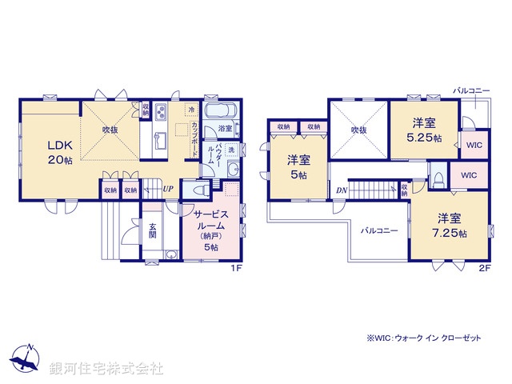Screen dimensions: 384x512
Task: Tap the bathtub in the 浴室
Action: (217, 112)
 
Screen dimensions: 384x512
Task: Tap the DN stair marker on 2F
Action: (342, 190)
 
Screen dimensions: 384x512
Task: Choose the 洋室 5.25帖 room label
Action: (424, 130)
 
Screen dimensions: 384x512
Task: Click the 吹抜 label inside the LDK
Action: (110, 129)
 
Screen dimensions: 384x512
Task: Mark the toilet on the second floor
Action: (438, 178)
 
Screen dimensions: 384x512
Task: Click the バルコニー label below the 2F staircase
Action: (379, 230)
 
